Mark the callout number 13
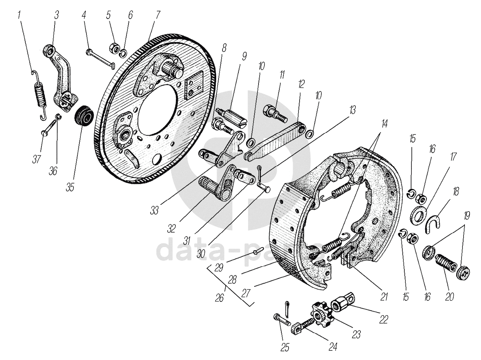352,110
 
